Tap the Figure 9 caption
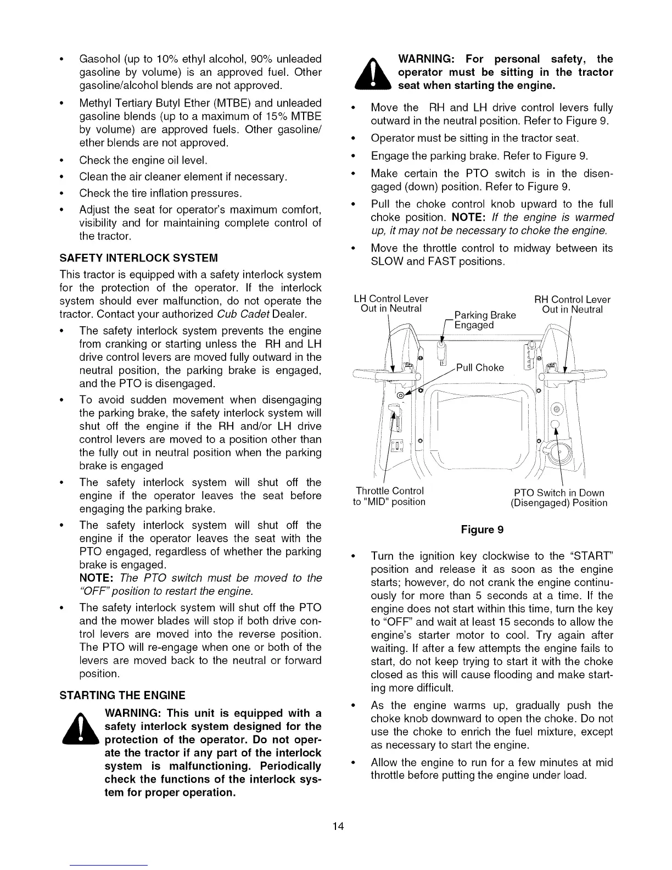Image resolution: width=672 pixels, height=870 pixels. pyautogui.click(x=482, y=529)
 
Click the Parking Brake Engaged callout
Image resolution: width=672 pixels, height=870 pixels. pyautogui.click(x=485, y=320)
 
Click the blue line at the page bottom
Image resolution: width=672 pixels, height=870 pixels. pyautogui.click(x=109, y=865)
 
